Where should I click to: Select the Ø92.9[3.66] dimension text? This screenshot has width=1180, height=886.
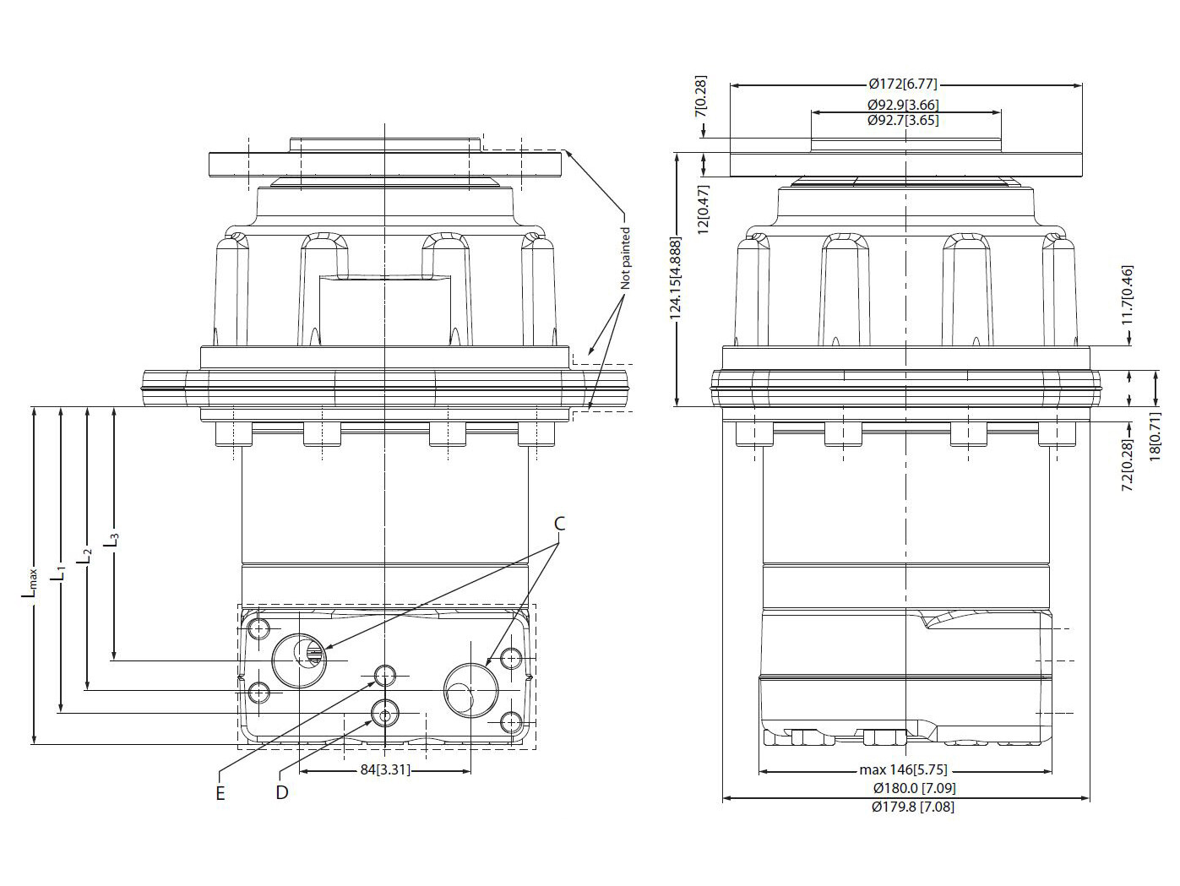coord(903,105)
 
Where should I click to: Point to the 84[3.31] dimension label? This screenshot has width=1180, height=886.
coord(385,770)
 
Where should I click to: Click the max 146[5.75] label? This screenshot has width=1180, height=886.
coord(903,770)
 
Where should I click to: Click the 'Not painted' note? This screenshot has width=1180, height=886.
coord(625,258)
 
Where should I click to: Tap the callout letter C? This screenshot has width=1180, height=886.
coord(560,524)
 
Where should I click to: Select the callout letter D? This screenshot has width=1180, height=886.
coord(282,792)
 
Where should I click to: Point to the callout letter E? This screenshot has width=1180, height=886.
coord(220,793)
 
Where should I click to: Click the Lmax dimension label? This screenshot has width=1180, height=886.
coord(30,582)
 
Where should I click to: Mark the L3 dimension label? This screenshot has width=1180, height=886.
coord(113,541)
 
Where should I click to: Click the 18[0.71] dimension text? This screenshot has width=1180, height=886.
coord(1155,437)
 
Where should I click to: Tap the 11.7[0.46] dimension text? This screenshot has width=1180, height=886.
coord(1127,295)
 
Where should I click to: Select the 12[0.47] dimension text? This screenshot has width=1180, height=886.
coord(703,209)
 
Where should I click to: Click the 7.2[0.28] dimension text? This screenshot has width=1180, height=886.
coord(1127,465)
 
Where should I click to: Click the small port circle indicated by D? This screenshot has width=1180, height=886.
coord(385,713)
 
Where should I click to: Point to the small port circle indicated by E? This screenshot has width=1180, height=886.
coord(385,675)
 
